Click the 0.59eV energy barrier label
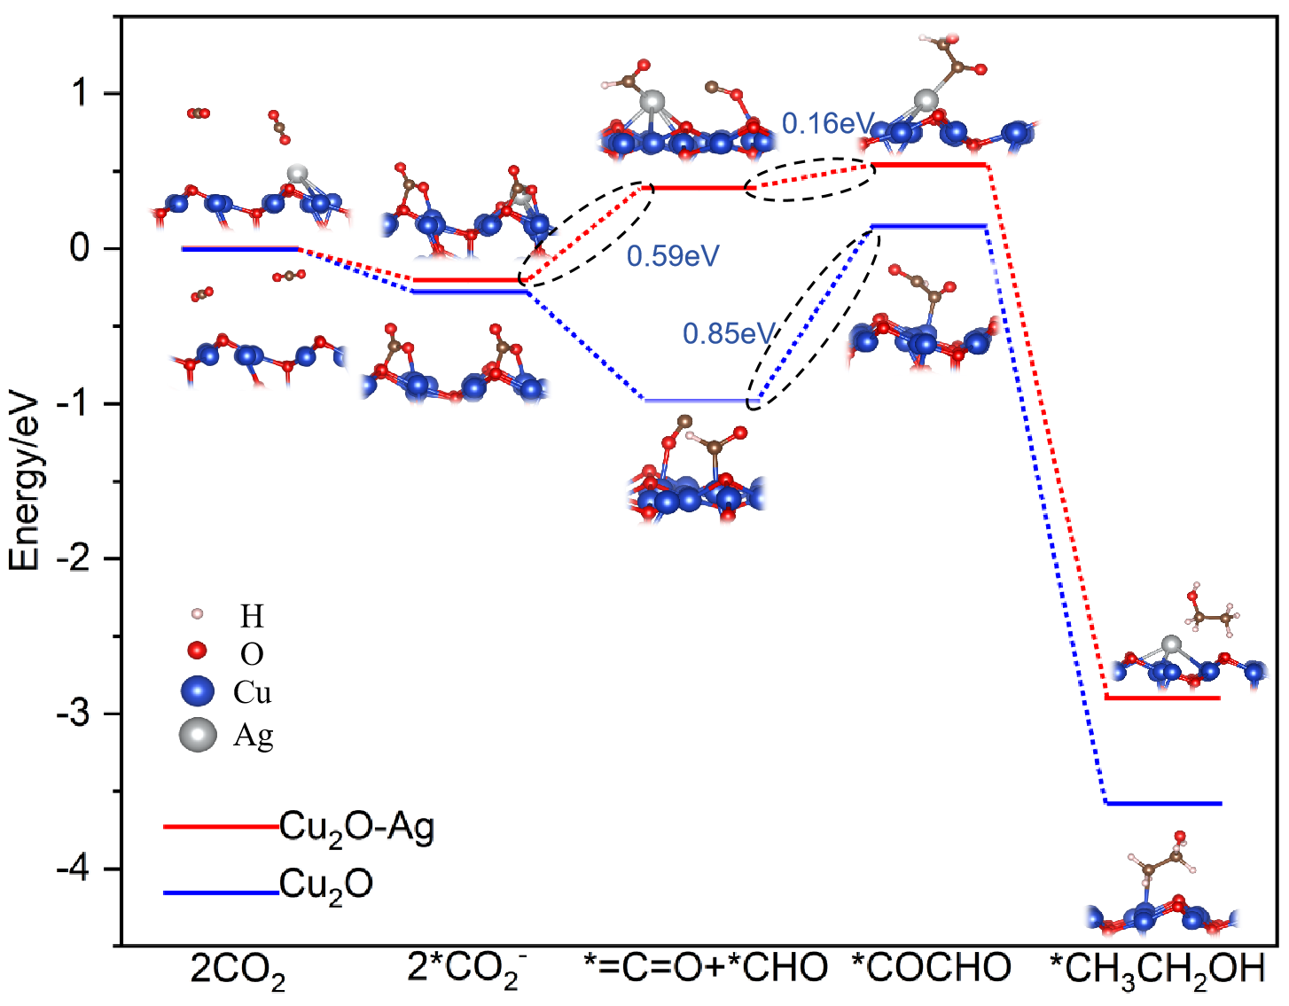point(673,256)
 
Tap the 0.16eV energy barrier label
point(828,123)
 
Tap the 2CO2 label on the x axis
point(238,970)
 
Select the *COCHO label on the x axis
point(931,967)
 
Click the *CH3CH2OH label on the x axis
point(1157,970)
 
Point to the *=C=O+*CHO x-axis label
point(707,967)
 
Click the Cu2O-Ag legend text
point(356,828)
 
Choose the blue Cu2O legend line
point(221,893)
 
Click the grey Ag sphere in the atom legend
point(198,735)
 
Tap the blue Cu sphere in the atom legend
point(197,691)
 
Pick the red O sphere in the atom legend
point(198,651)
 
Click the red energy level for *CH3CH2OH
point(1163,698)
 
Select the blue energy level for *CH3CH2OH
point(1163,803)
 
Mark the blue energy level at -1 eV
point(697,401)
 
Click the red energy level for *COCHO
point(929,165)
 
